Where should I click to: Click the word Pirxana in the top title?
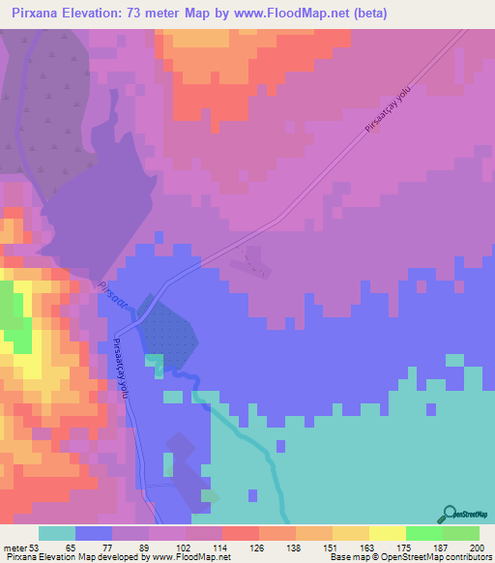coord(34,12)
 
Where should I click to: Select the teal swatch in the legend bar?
coord(57,534)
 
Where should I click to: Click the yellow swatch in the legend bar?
coord(388,534)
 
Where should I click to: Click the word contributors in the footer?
coord(467,557)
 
